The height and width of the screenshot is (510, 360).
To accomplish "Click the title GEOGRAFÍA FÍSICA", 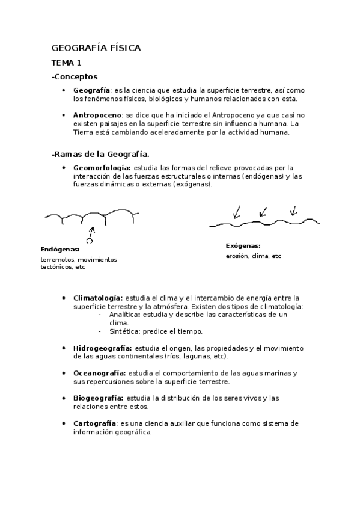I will (96, 48).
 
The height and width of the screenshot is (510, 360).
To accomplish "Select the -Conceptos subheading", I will (75, 77).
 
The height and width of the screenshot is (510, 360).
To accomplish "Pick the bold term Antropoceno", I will (97, 115).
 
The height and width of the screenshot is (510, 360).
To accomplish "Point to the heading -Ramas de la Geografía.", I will (100, 155).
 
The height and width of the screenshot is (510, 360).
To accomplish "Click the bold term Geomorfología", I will (101, 167).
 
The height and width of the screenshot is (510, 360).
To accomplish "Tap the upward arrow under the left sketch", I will (91, 234).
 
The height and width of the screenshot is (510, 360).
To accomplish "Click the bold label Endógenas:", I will (60, 249).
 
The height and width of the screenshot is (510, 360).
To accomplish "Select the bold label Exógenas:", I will (243, 245).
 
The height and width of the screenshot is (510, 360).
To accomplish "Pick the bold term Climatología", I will (97, 298).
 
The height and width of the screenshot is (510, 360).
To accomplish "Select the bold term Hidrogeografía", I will (102, 348).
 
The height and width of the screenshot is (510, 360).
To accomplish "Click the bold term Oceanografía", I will (99, 373).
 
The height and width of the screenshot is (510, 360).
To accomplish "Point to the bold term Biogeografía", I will (98, 398).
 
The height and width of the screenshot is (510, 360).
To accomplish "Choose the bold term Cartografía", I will (94, 423).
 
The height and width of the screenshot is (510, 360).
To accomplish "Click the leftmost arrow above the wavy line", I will (237, 211).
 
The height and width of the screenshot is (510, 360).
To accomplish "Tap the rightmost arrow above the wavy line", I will (293, 210).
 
